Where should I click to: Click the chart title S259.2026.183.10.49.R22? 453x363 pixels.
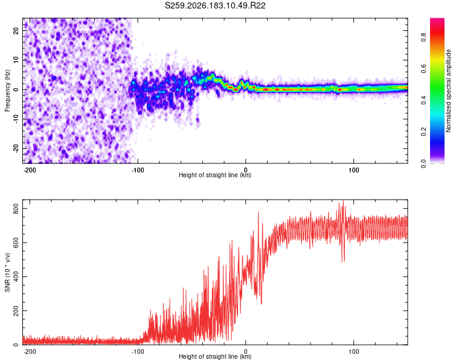215,5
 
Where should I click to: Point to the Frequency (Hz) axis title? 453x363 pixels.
7,91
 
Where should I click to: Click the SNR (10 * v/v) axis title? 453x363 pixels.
7,272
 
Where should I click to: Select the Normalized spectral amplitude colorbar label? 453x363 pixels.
448,91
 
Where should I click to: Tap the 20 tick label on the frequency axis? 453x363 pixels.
16,31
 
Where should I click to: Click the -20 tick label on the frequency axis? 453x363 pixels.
16,148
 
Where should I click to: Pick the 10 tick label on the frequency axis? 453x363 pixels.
16,60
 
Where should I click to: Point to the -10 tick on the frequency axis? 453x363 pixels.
16,119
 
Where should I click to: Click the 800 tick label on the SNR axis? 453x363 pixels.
16,208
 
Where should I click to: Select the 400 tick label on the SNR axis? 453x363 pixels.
16,276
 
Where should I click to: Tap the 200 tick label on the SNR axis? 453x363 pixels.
16,311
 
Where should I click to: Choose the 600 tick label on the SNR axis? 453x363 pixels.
16,243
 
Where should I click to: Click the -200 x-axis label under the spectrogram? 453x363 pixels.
30,170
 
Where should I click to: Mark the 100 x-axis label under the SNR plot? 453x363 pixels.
353,352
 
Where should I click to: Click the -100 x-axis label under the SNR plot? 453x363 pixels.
138,352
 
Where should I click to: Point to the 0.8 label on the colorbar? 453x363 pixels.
423,38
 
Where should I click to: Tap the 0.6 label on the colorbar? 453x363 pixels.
423,68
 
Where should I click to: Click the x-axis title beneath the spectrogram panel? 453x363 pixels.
215,175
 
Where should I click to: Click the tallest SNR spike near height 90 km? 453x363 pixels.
343,200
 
